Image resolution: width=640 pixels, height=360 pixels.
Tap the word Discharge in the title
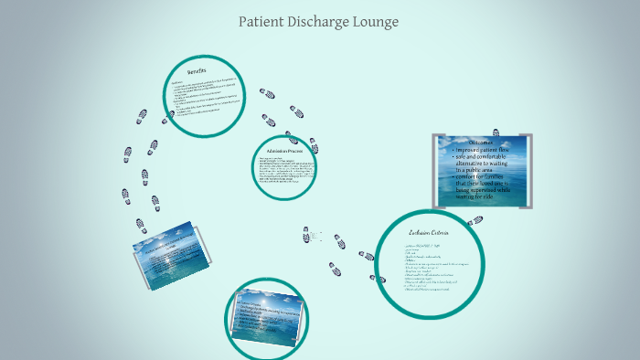tap(321, 22)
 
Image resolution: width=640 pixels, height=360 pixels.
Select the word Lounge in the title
tap(378, 22)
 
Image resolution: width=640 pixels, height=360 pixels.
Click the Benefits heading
tap(197, 71)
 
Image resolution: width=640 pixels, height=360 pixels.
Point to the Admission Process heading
tap(284, 150)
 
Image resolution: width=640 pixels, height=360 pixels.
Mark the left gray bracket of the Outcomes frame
tap(435, 170)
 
